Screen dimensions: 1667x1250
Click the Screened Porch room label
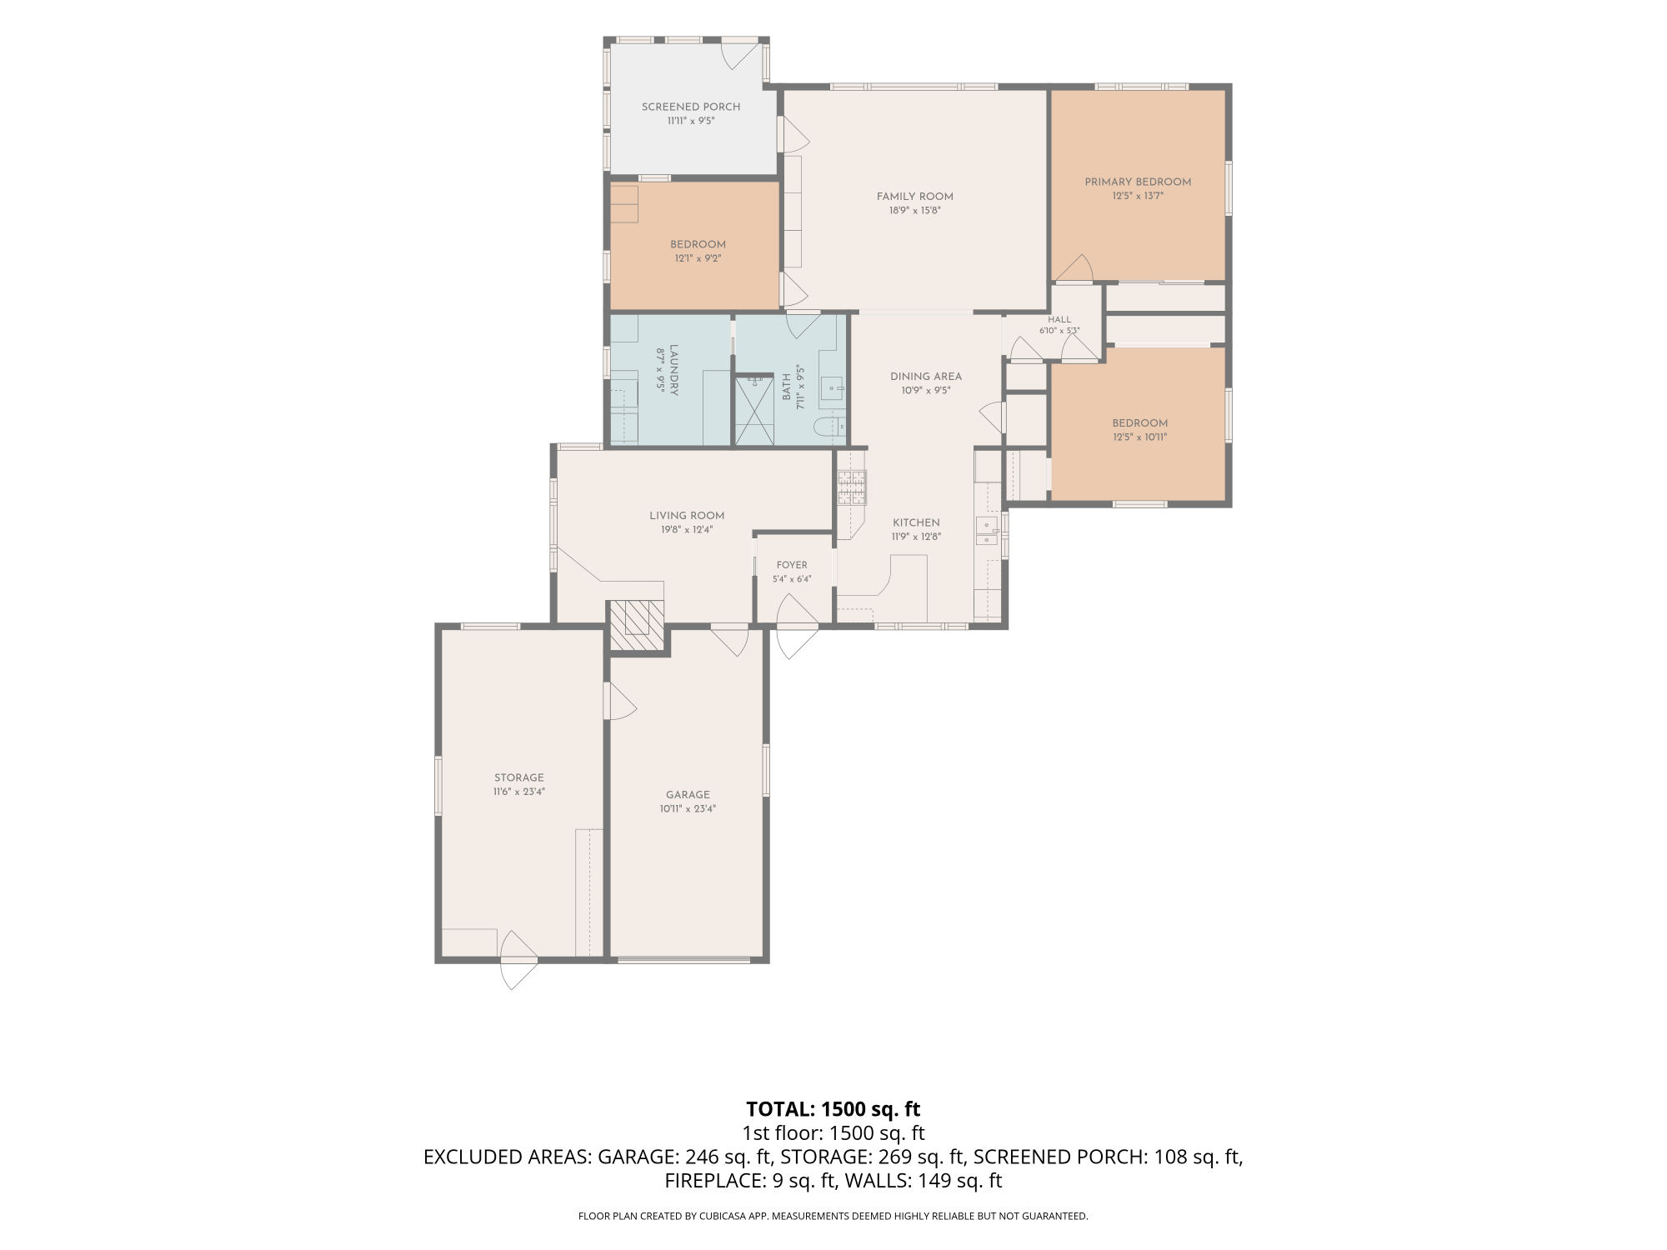click(691, 107)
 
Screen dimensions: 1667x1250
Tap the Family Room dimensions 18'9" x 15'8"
click(914, 211)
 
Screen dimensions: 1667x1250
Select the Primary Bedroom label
click(1138, 182)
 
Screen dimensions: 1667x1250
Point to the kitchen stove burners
click(852, 487)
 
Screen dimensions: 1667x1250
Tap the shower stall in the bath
click(754, 410)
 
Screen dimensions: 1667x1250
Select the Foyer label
click(791, 565)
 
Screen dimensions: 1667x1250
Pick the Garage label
click(688, 794)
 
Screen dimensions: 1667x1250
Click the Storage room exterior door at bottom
click(518, 960)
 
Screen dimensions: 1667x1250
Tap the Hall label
click(1059, 319)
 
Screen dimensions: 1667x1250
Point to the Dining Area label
click(925, 376)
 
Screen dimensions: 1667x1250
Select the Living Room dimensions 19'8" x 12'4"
click(687, 529)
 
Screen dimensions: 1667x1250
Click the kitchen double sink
click(986, 531)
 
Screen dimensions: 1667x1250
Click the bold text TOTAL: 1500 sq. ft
click(833, 1109)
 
